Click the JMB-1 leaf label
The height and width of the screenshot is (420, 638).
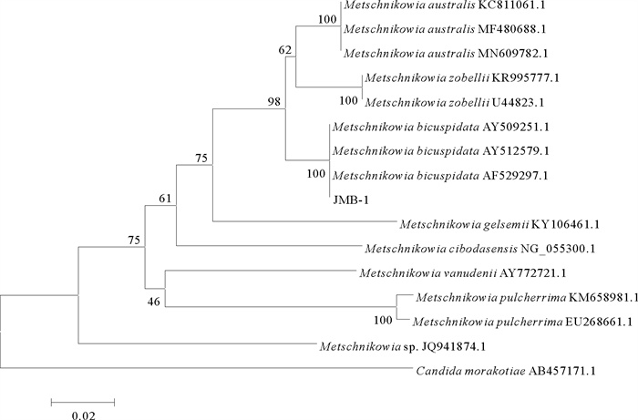coord(351,200)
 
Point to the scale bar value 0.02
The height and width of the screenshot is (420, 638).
coord(84,415)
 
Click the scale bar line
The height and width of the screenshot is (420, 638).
coord(83,403)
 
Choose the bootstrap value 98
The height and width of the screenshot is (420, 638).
coord(273,102)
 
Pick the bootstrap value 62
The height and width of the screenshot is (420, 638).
coord(285,50)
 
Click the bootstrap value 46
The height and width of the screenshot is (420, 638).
coord(153,302)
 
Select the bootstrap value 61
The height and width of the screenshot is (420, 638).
coord(165,199)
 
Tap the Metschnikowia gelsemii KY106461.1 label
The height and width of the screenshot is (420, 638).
coord(499,224)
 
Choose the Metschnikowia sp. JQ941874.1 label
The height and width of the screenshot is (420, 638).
coord(403,346)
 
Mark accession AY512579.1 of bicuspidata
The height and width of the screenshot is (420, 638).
coord(516,151)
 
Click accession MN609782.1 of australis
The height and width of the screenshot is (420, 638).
coord(513,54)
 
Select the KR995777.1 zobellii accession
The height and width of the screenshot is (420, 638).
coord(525,77)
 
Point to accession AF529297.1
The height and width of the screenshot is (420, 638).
coord(516,176)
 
